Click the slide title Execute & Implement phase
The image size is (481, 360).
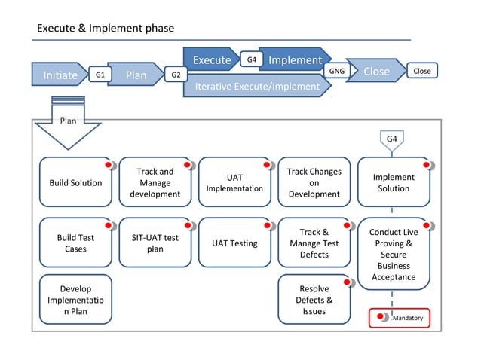pos(106,29)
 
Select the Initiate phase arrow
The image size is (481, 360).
pos(59,75)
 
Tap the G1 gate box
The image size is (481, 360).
pos(100,75)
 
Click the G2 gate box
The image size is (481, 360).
pos(176,75)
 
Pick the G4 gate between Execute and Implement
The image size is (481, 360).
pos(250,59)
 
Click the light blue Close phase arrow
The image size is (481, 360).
pos(375,72)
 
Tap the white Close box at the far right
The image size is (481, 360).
pos(422,71)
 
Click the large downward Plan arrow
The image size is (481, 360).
pos(68,128)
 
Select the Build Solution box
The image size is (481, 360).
pos(75,182)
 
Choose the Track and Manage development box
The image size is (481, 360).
pos(155,182)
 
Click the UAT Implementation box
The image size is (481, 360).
pos(234,182)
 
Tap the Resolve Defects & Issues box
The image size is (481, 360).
pos(314,300)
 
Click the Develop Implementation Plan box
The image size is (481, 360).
pos(75,300)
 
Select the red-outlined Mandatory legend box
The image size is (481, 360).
pos(399,318)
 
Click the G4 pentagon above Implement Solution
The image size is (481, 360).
pos(392,139)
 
